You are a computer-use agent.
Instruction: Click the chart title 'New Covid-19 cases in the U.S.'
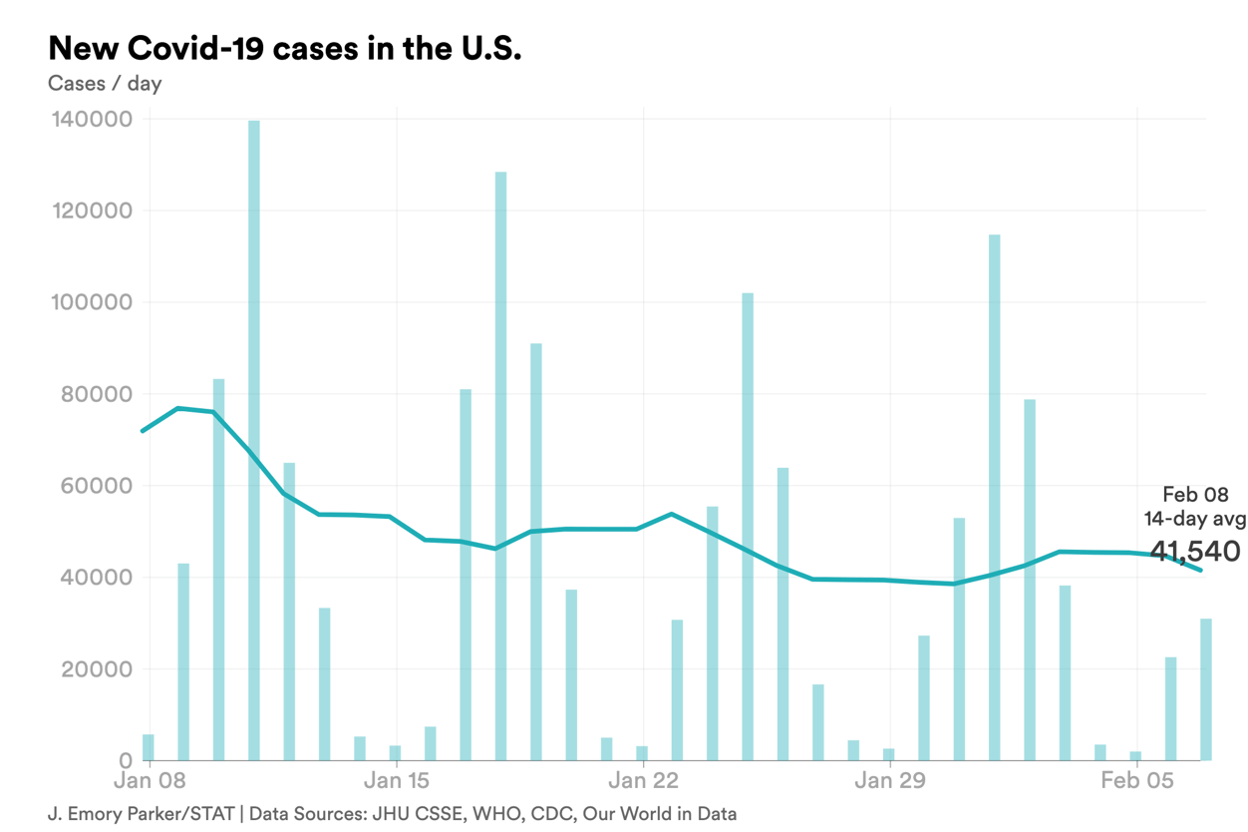click(284, 49)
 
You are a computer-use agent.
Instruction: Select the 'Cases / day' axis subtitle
click(105, 84)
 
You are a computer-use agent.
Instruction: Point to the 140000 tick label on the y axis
click(91, 120)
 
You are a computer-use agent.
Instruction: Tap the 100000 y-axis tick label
click(91, 303)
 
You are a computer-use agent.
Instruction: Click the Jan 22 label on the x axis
click(643, 780)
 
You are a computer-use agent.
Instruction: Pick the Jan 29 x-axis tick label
click(889, 780)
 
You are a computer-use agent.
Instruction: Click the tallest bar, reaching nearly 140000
click(254, 439)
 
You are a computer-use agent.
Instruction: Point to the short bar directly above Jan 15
click(396, 753)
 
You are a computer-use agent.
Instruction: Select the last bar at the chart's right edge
click(1206, 690)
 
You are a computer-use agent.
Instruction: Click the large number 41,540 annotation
click(1194, 551)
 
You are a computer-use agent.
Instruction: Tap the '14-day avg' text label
click(1194, 519)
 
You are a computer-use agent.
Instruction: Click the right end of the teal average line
click(1201, 570)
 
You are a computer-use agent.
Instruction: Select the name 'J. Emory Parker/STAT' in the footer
click(141, 814)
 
